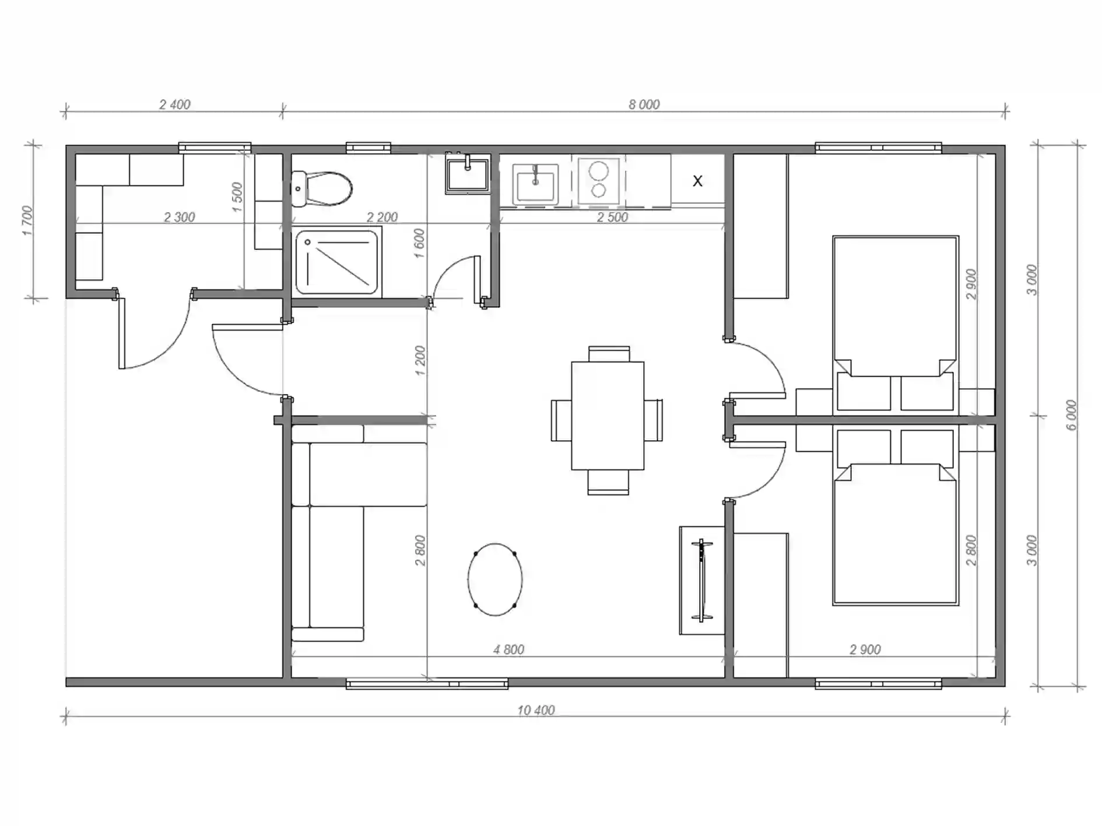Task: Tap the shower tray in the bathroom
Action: tap(336, 262)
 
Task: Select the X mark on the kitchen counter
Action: tap(697, 181)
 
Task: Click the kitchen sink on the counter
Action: tap(535, 184)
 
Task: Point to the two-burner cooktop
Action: tap(599, 181)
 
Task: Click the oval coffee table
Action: tap(495, 579)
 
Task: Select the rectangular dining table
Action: tap(608, 416)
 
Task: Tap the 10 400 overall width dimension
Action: tap(536, 710)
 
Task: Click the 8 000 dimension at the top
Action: tap(644, 104)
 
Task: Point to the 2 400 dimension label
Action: tap(175, 104)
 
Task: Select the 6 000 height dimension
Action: tap(1072, 415)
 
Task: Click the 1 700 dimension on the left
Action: tap(28, 221)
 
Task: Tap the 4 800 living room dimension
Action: tap(508, 649)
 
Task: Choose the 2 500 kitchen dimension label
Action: tap(612, 217)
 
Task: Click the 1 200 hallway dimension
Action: tap(420, 361)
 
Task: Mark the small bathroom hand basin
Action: tap(467, 174)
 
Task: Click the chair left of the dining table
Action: tap(561, 420)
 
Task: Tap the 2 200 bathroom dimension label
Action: tap(382, 217)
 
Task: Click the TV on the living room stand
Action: tap(701, 581)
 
